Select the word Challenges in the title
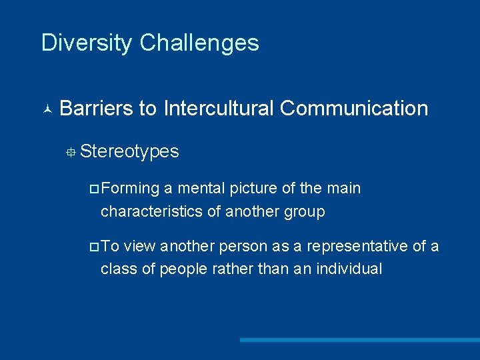pos(199,43)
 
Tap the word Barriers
pos(96,108)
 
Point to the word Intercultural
pos(218,108)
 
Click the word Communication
pos(354,108)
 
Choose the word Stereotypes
pos(129,151)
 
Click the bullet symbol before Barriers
pos(47,109)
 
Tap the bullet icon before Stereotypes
pos(70,153)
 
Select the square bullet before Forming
pos(94,189)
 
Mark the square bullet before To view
pos(94,247)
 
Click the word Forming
pos(131,189)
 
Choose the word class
pos(116,269)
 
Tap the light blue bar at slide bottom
pos(359,340)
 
